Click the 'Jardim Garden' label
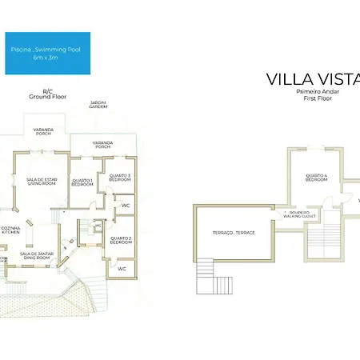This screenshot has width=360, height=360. (x=98, y=106)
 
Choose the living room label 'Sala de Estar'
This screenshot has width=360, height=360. (x=40, y=182)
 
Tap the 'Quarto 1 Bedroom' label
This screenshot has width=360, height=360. (x=82, y=182)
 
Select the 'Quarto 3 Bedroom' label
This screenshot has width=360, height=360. (x=119, y=178)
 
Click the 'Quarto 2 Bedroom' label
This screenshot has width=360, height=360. (x=120, y=239)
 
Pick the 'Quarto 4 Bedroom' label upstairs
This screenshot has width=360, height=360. (x=316, y=178)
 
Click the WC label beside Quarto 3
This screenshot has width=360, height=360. (x=126, y=206)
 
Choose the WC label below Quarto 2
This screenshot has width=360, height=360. (x=122, y=268)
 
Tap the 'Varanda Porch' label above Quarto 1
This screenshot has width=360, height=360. (x=102, y=146)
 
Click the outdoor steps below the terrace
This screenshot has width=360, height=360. (x=206, y=277)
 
